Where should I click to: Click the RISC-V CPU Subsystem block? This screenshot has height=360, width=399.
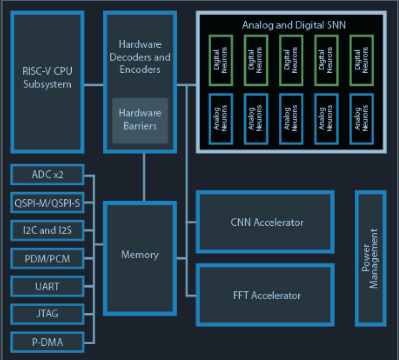coord(47,81)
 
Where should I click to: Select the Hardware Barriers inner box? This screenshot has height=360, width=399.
coord(140,119)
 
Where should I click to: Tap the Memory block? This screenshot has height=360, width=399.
coord(140,255)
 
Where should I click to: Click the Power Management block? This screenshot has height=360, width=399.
coord(370,258)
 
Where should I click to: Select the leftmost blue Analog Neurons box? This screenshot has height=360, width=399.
coord(220,118)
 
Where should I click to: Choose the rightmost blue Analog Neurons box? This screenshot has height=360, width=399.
coord(362,118)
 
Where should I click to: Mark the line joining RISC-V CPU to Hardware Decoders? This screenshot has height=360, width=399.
coord(94,85)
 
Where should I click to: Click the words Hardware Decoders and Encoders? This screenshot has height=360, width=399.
coord(140,56)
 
